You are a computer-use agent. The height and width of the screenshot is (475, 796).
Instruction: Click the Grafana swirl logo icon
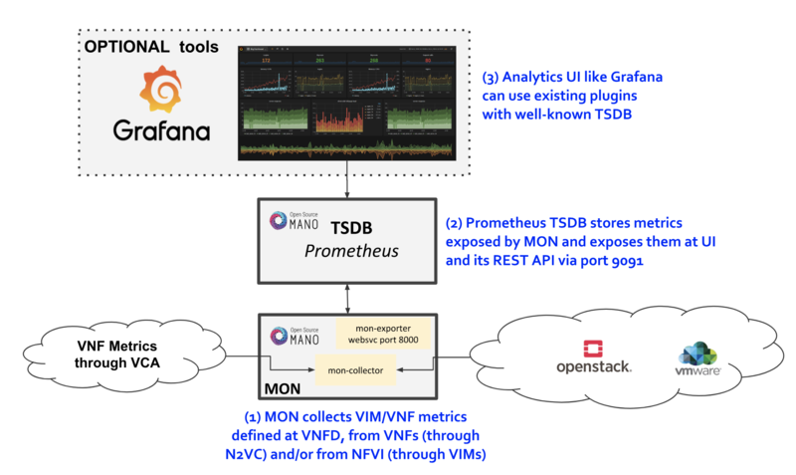[x=159, y=89]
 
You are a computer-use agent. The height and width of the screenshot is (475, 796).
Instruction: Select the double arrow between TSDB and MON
[x=347, y=296]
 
